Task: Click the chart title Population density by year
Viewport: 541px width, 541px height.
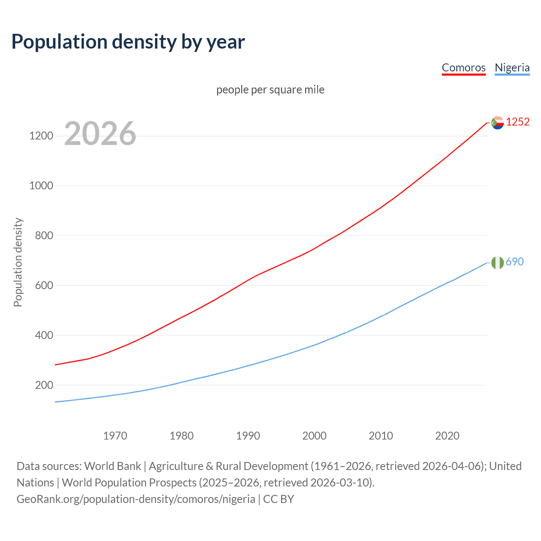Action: point(128,42)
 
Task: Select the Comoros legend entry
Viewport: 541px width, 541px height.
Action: point(464,68)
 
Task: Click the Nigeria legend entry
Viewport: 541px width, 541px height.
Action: point(512,68)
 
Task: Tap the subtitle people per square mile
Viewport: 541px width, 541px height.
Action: point(270,90)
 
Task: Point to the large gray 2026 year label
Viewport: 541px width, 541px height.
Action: point(100,134)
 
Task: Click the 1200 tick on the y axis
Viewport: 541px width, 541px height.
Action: point(41,136)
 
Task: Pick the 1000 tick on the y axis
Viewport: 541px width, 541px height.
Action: point(41,186)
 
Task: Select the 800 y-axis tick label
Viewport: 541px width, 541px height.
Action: point(44,236)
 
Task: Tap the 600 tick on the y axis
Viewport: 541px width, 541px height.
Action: point(44,286)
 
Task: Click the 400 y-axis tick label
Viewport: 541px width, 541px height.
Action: point(44,336)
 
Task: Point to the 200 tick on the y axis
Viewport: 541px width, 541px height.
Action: point(44,385)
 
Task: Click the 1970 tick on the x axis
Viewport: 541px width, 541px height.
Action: point(115,436)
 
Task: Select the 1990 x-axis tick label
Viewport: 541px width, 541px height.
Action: point(248,436)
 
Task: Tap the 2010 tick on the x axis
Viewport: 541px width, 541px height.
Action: point(381,436)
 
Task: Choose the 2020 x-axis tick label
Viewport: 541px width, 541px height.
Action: point(447,436)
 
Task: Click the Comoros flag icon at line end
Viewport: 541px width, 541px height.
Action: point(497,123)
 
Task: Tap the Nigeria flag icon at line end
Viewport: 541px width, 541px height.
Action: point(497,262)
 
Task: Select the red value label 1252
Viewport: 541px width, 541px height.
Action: point(518,122)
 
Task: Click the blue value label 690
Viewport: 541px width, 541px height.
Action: point(514,262)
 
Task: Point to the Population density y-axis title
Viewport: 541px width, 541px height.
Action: point(18,262)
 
